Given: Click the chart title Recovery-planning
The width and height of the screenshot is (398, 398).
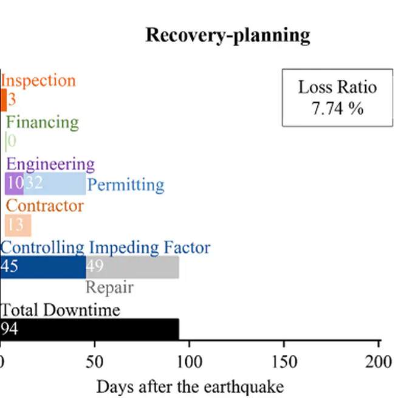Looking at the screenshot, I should (x=227, y=35).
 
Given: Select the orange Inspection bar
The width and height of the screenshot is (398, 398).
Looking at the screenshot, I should (x=4, y=100).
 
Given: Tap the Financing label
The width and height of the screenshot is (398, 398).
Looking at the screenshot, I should (x=43, y=122).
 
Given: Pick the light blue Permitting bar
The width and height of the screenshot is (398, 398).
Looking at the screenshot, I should (x=55, y=184).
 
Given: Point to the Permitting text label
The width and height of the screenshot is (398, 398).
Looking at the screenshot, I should (x=126, y=184).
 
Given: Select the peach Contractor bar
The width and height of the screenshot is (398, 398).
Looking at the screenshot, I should (x=18, y=225).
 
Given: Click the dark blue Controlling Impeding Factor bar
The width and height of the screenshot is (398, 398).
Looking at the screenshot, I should (x=43, y=267).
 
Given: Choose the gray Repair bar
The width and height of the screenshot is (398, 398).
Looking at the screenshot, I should (x=132, y=267).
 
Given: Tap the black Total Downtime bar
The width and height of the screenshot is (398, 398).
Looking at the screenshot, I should (x=89, y=329).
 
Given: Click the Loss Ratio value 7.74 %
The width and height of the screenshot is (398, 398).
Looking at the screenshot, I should (x=337, y=109).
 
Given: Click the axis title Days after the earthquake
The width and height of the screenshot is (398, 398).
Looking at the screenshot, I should (x=190, y=386).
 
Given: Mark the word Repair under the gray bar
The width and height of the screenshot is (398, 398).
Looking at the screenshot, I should (x=109, y=287).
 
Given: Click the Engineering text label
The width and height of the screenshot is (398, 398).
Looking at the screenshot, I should (x=50, y=163).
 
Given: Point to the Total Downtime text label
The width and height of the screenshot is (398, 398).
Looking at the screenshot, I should (x=60, y=310).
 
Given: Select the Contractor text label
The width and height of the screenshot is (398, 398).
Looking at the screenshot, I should (x=44, y=205).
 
